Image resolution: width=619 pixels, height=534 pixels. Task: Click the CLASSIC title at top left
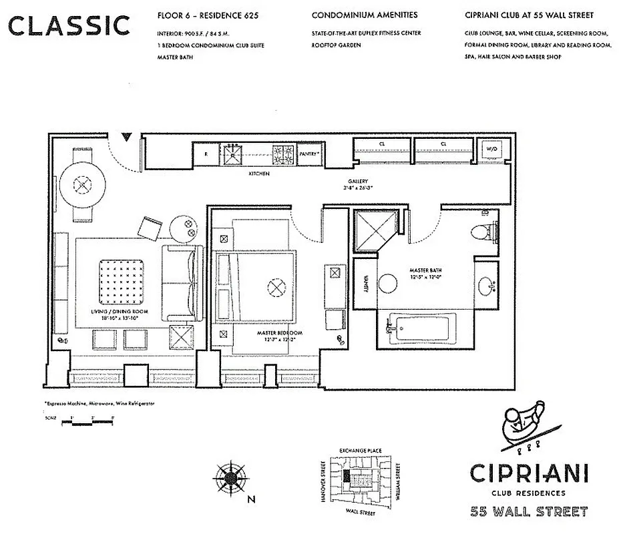click(x=69, y=25)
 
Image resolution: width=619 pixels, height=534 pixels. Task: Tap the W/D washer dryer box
click(x=491, y=150)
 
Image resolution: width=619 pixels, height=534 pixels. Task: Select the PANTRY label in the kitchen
click(x=308, y=153)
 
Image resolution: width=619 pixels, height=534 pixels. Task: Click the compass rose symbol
click(x=229, y=477)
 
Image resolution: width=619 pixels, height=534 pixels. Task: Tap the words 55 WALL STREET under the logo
click(x=529, y=512)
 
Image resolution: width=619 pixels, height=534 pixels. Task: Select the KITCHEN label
click(x=259, y=174)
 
